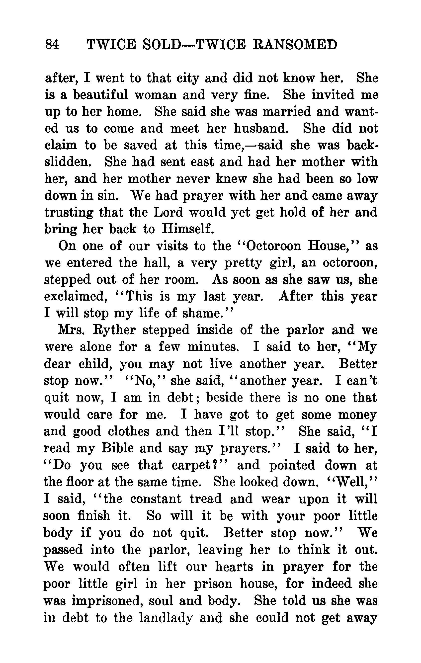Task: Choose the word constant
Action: [156, 499]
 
